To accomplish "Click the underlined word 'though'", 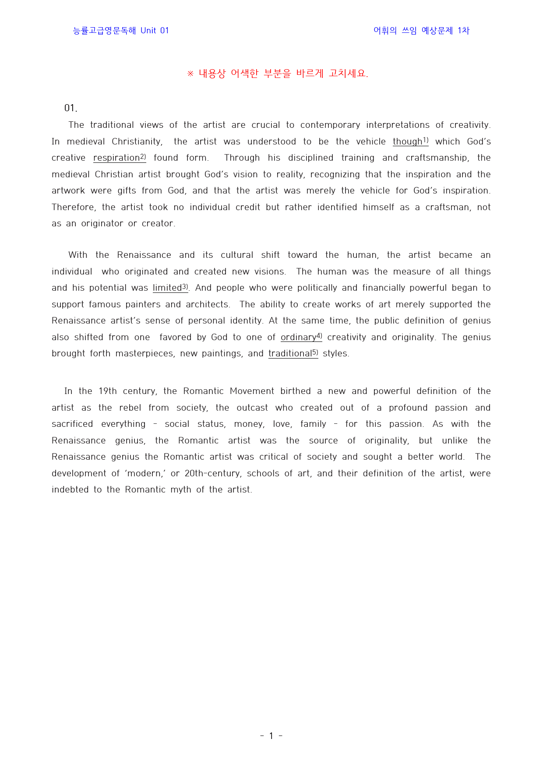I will [407, 141].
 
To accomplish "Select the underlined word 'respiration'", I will [116, 158].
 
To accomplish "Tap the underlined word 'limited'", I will [167, 288].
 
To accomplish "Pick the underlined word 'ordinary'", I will [298, 337].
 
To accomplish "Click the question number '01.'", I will [71, 108].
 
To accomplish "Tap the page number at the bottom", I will [271, 736].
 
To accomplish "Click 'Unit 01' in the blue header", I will [155, 31].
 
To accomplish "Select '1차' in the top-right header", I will [463, 31].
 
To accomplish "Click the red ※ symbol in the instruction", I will [190, 74].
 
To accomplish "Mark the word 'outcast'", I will [252, 408].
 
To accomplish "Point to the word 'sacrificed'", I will [72, 424].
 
